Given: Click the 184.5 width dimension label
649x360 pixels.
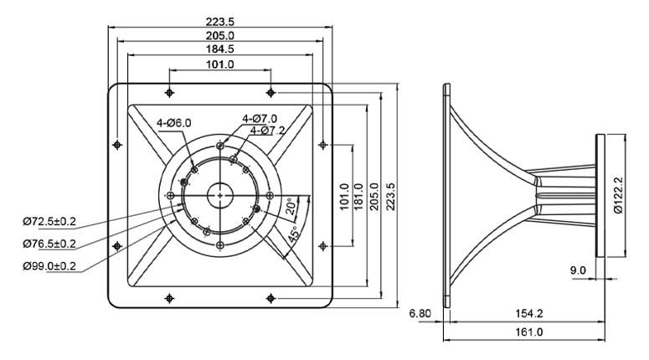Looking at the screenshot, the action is pos(219,49).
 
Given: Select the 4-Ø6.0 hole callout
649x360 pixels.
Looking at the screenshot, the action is pos(174,123).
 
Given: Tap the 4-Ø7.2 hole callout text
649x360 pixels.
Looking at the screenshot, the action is pos(267,131).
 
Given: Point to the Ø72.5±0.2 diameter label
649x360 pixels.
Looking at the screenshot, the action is pos(49,221).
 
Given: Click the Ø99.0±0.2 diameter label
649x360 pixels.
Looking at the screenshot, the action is pos(49,265).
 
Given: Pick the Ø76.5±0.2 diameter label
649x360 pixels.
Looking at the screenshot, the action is pos(49,244).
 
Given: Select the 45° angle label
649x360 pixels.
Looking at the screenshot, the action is pos(293,234).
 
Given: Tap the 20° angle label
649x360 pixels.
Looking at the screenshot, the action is pos(291,206).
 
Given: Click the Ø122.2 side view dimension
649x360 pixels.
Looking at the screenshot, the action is pos(618,195).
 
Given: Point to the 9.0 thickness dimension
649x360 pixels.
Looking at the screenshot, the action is pos(578,270).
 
